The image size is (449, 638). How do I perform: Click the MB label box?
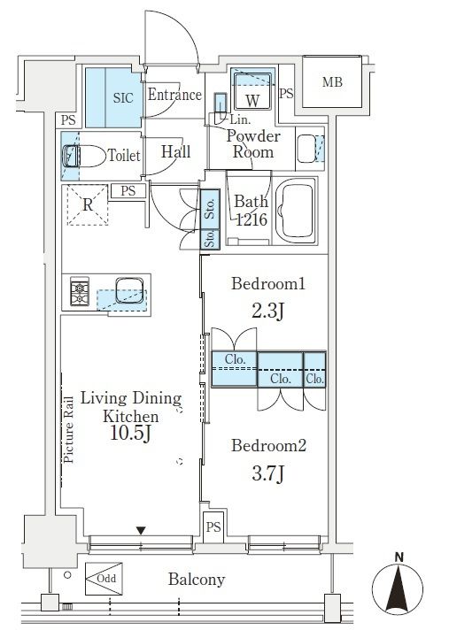coord(332,81)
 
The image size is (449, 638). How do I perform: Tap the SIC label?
coord(123,97)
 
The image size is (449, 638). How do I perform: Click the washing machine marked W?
coord(252,91)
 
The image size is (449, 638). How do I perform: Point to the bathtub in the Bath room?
coord(296,211)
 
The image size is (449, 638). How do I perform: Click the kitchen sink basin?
coord(129,290)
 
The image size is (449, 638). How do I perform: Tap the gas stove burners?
coord(80,291)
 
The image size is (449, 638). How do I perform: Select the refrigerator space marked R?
coord(88,204)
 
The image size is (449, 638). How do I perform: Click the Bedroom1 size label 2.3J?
coord(267,311)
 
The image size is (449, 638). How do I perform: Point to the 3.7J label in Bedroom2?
coord(267,473)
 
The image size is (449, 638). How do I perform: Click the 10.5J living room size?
coord(131,434)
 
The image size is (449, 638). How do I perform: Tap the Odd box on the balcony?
coord(104,579)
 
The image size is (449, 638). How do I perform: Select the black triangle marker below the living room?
coord(141,531)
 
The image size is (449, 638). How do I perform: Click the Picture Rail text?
coord(68,430)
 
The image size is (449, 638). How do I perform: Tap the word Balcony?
coord(197,580)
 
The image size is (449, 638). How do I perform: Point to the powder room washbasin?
coord(306,148)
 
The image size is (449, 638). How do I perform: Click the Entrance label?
coord(174,95)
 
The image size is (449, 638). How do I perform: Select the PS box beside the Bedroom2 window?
coord(213,527)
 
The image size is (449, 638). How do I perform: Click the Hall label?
coord(176,152)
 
